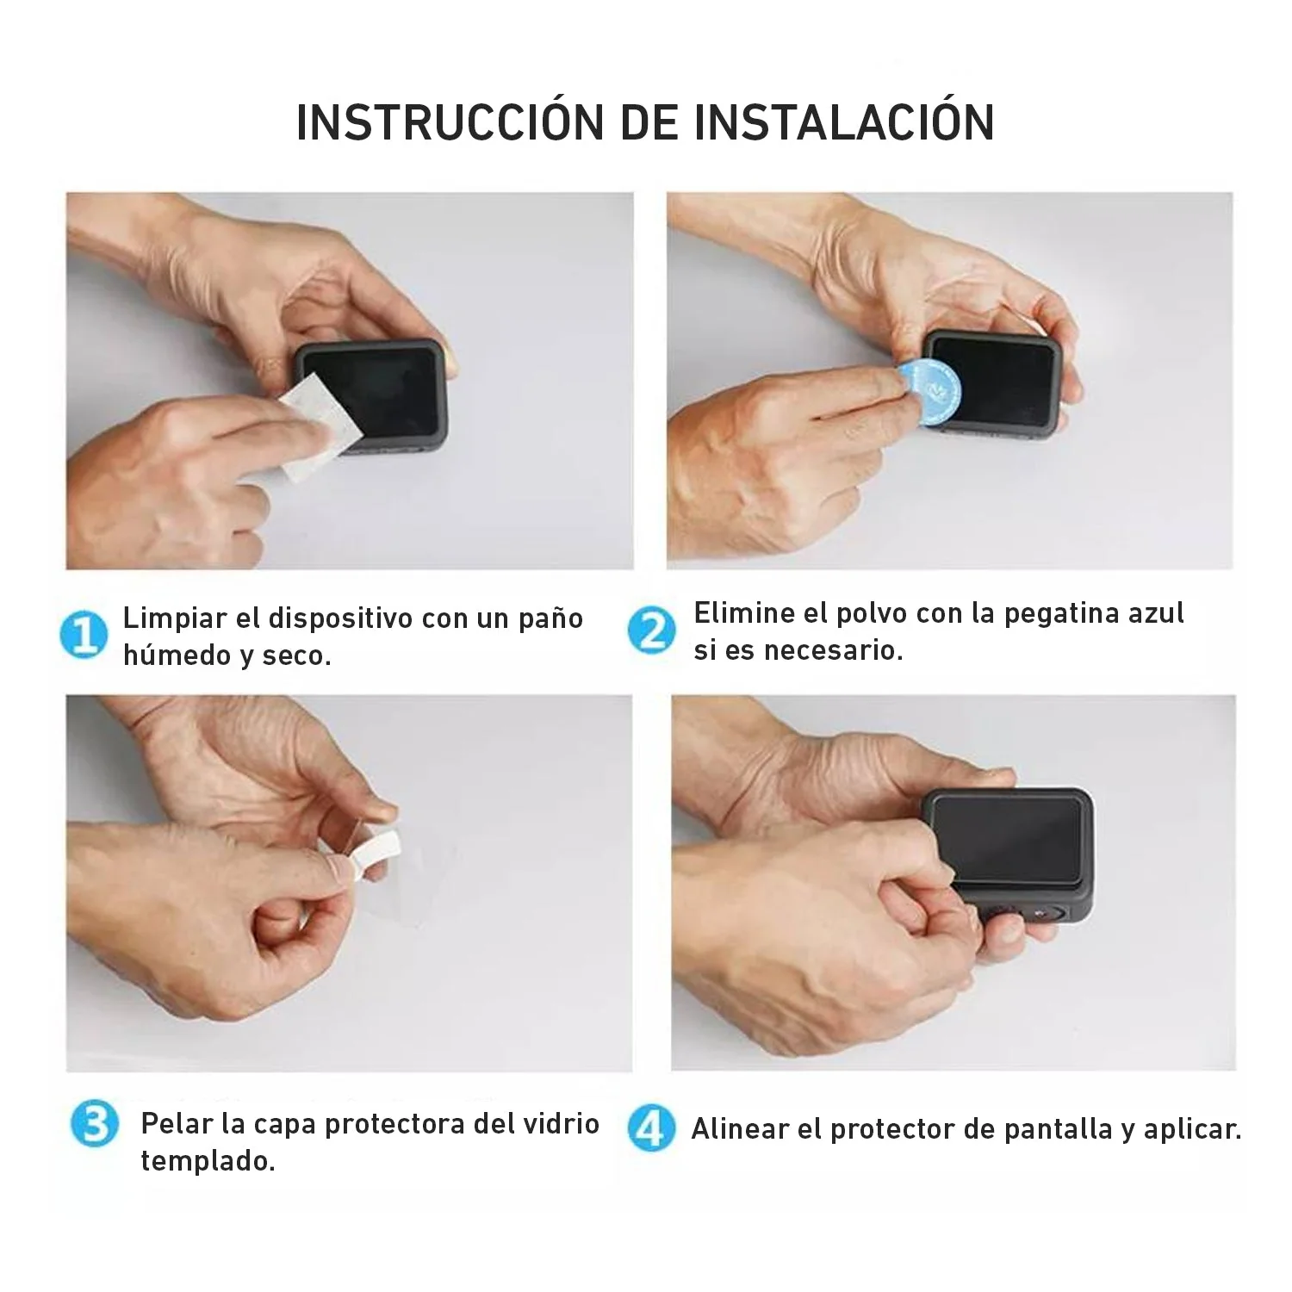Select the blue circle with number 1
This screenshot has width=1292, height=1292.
(84, 636)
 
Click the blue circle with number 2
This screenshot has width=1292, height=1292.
(651, 631)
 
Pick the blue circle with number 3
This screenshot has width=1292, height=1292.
(94, 1125)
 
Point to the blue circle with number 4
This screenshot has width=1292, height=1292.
(650, 1128)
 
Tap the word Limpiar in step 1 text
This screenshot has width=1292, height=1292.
(175, 618)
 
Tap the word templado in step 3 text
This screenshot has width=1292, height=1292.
(207, 1161)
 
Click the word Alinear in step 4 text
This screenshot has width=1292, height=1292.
(740, 1129)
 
